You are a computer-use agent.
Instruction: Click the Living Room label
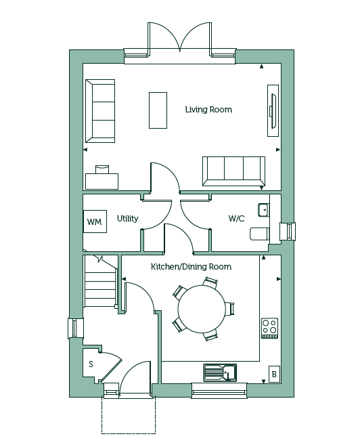tap(208, 110)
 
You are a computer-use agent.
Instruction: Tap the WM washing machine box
tap(95, 221)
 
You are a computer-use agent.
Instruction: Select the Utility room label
tap(128, 219)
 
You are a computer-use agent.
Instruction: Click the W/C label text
tap(236, 219)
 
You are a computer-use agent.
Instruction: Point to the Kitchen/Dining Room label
tap(191, 267)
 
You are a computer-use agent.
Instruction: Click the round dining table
tap(202, 310)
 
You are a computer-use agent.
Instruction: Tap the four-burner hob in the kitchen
tap(270, 328)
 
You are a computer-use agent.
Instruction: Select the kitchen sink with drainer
tap(220, 372)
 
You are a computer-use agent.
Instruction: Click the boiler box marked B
tap(274, 374)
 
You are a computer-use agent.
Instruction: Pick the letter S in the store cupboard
tap(91, 364)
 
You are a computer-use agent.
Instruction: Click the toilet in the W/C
tap(260, 234)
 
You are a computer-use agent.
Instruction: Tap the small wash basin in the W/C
tap(263, 210)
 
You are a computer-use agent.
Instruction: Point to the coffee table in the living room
tap(158, 110)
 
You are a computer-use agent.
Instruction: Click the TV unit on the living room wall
tap(273, 110)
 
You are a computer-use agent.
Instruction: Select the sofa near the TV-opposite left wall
tap(100, 111)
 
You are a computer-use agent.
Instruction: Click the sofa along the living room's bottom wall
tap(233, 171)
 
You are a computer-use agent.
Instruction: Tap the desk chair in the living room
tap(102, 169)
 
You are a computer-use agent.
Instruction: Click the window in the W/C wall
tap(288, 231)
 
